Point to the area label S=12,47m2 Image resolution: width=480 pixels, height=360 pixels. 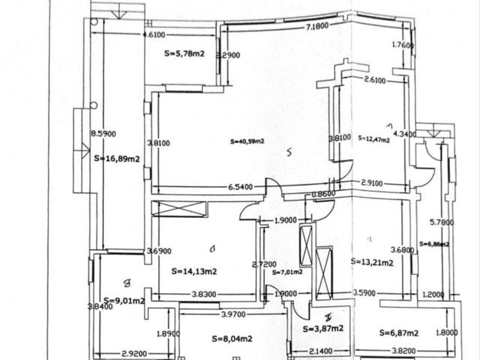tap(374, 138)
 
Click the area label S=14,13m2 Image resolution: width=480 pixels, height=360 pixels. tap(194, 271)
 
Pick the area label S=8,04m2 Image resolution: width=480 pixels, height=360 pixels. tap(232, 339)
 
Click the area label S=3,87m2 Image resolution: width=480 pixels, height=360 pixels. tap(324, 329)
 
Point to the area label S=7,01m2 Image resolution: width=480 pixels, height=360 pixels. tap(287, 272)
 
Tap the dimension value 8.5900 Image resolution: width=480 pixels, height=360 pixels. tap(103, 134)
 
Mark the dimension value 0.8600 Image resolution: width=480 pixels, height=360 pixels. tap(323, 194)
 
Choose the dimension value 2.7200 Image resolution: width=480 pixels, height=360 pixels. tap(264, 265)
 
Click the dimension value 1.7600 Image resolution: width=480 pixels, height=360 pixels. tap(402, 45)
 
